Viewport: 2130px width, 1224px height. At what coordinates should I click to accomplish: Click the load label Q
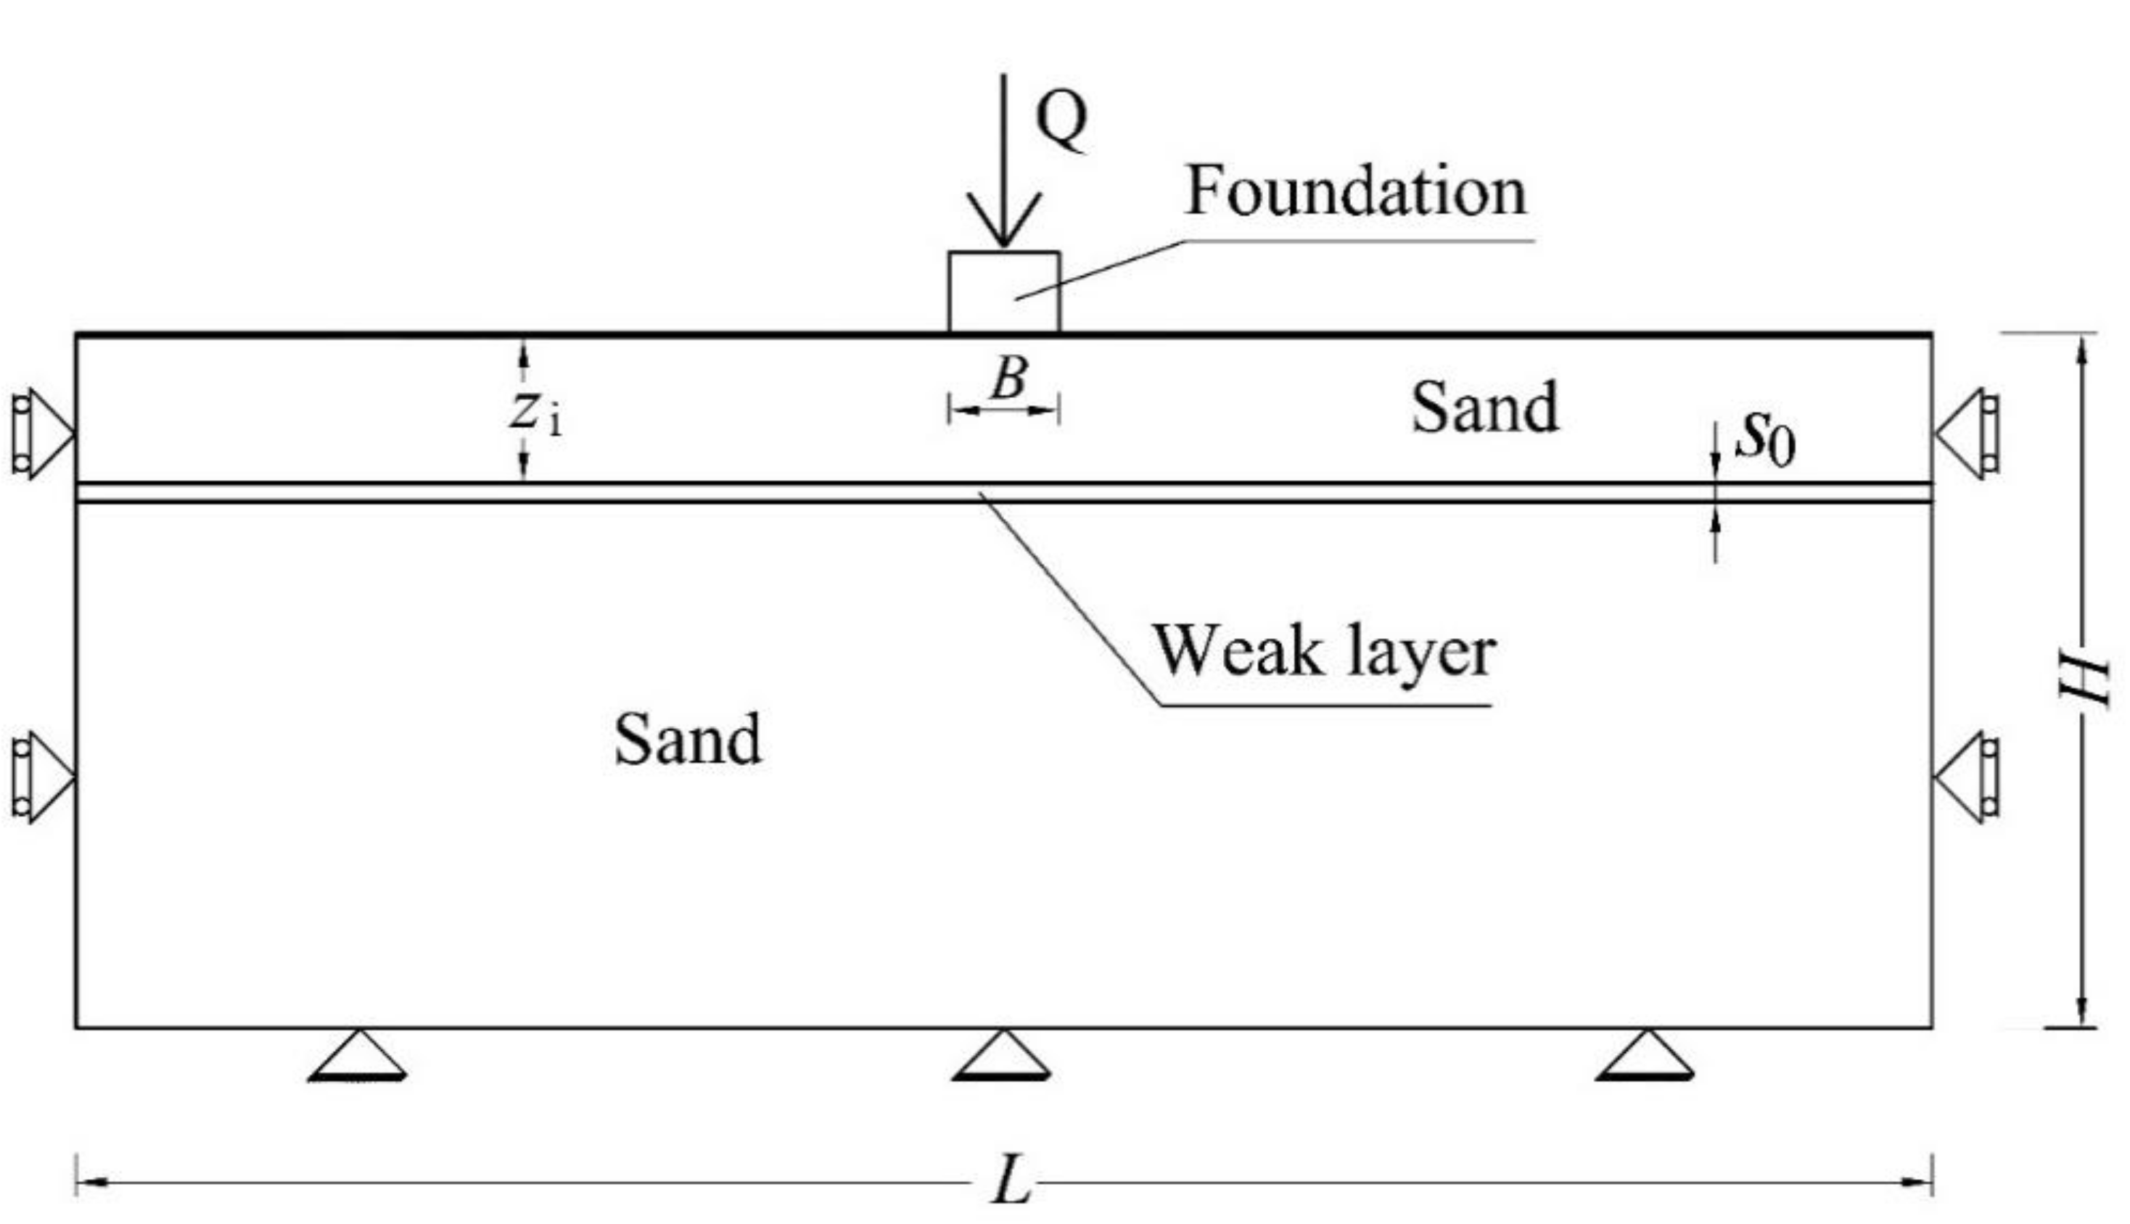coord(1061,120)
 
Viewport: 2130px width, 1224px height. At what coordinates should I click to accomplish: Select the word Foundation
coord(1354,191)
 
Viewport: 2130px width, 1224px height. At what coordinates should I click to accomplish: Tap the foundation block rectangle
coord(1003,291)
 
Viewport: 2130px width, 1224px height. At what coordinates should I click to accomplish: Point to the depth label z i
coord(535,413)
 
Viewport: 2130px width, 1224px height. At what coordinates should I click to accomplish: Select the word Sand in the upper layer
coord(1484,408)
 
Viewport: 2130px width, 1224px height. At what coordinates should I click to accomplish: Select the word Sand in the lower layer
coord(687,740)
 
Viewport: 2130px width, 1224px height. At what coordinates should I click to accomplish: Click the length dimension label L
coord(1011,1181)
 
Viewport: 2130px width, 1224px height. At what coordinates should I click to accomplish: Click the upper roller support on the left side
coord(42,434)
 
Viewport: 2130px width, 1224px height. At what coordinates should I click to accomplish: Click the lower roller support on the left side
coord(42,777)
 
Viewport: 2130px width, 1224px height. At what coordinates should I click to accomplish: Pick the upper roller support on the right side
coord(1967,434)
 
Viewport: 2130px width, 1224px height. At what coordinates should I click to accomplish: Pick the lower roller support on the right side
coord(1967,777)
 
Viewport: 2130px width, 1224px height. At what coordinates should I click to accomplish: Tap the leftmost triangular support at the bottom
coord(358,1056)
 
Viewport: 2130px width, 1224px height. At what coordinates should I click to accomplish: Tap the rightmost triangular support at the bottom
coord(1645,1056)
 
